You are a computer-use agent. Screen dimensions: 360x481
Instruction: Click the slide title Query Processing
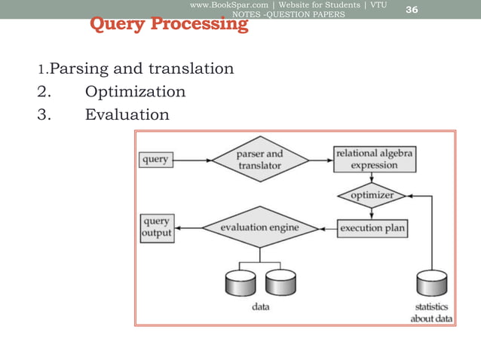[169, 24]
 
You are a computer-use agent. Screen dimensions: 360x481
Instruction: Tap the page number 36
[412, 9]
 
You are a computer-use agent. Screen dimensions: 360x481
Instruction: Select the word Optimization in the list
[135, 92]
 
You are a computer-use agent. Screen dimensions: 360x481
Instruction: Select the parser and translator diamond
[260, 160]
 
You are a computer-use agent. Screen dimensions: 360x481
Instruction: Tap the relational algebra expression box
[374, 160]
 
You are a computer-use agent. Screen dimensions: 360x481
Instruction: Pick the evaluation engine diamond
[260, 227]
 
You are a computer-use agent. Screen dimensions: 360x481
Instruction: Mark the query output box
[157, 227]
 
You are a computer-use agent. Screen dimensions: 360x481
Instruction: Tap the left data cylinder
[240, 283]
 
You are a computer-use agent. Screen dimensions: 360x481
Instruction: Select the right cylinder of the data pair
[280, 283]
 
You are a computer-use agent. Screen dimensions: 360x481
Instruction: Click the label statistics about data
[432, 313]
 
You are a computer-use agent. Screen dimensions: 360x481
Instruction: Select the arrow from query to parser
[192, 160]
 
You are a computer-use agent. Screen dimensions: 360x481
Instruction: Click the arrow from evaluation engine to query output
[188, 227]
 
